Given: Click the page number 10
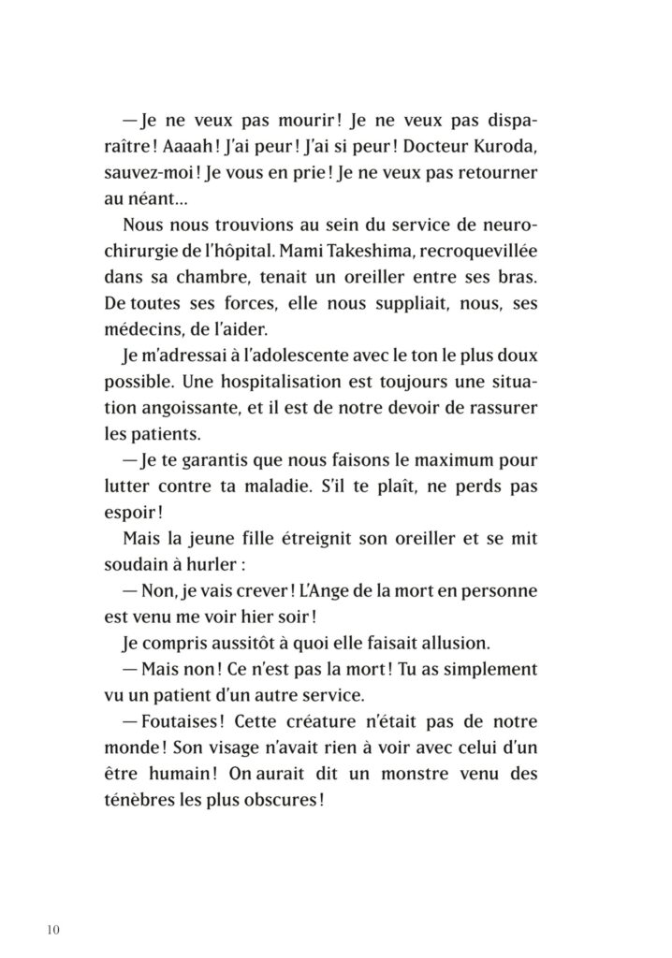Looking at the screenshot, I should point(51,929).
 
